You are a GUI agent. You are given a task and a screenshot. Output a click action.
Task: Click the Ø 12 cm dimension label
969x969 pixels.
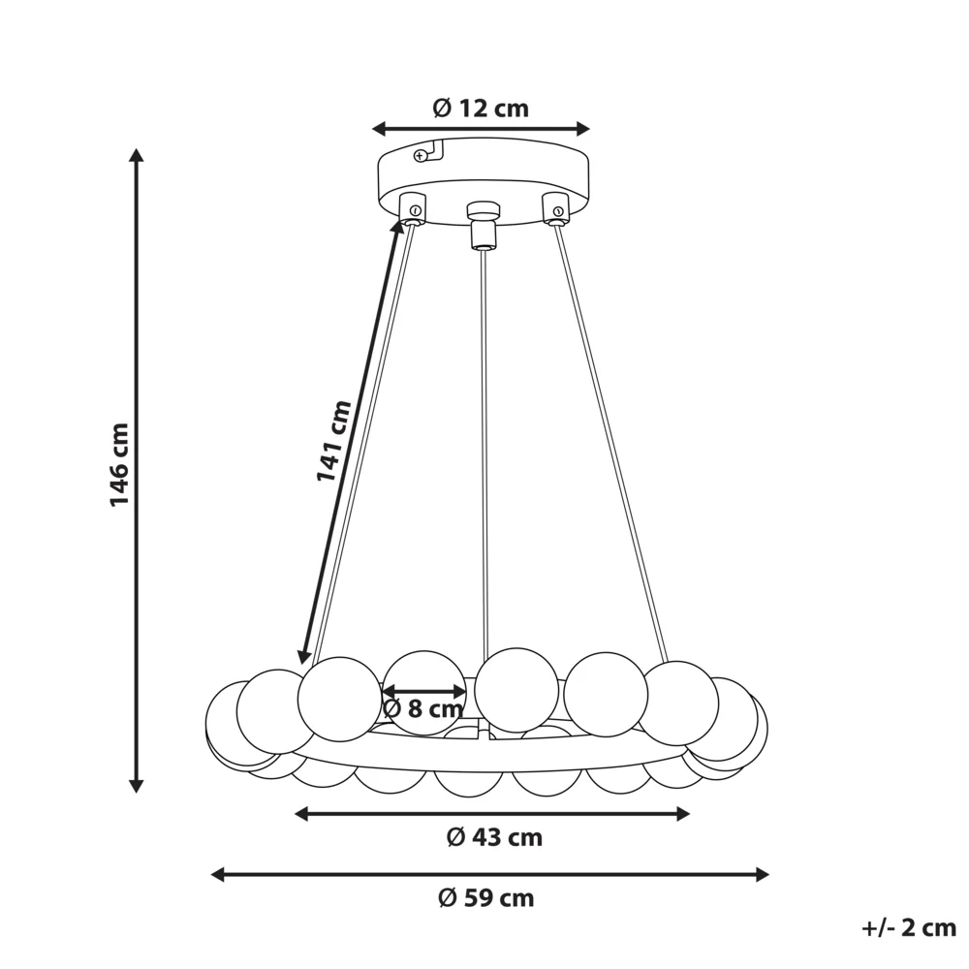pyautogui.click(x=481, y=109)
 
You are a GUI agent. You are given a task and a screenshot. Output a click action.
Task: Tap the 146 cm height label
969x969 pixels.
pyautogui.click(x=119, y=465)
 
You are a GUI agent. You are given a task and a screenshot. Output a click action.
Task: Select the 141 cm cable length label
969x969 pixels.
pyautogui.click(x=333, y=440)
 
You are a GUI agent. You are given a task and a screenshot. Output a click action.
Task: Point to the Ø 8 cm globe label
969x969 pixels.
pyautogui.click(x=422, y=708)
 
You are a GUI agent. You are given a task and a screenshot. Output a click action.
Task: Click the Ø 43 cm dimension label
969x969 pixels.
pyautogui.click(x=494, y=837)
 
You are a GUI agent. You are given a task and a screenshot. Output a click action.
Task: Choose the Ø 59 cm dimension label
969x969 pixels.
pyautogui.click(x=486, y=897)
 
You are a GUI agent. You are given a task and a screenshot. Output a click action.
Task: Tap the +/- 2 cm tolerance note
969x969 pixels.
pyautogui.click(x=909, y=927)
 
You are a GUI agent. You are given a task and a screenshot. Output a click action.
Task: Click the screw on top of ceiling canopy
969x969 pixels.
pyautogui.click(x=421, y=156)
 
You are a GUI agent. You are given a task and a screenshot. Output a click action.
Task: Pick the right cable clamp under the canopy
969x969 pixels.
pyautogui.click(x=555, y=208)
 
